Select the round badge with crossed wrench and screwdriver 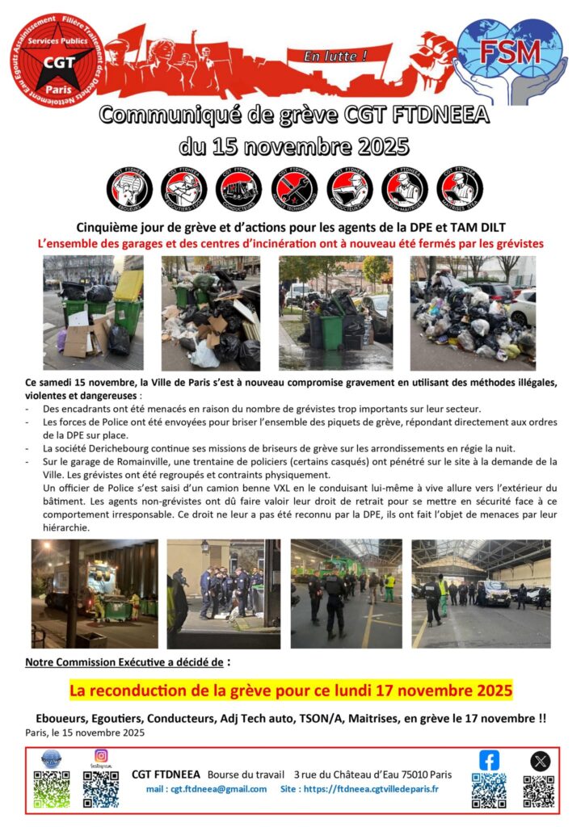(294, 187)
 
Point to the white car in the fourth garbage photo (521, 308)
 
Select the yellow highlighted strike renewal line (290, 691)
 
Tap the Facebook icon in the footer (489, 760)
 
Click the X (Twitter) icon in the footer (540, 761)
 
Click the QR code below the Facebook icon (489, 790)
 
